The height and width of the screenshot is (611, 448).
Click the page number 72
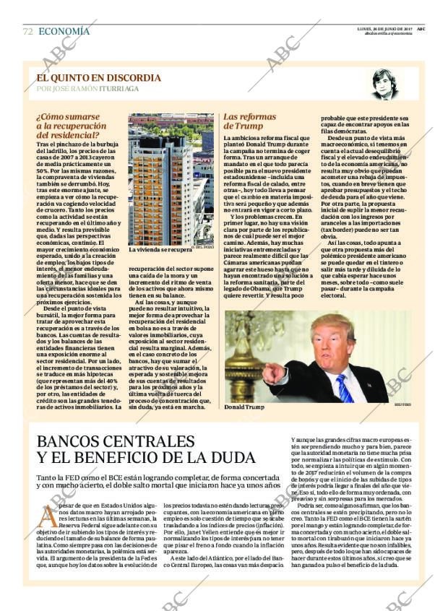(x=27, y=32)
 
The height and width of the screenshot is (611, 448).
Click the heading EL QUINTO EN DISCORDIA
(x=99, y=78)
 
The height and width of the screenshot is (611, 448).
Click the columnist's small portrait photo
(x=384, y=84)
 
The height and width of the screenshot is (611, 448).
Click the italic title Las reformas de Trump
(x=249, y=121)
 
